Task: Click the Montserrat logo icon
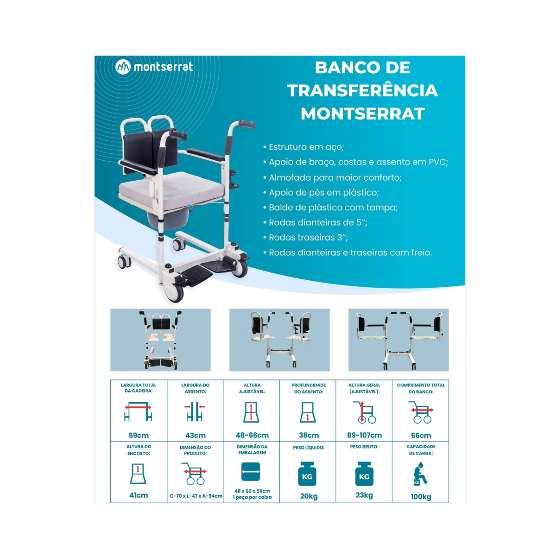coord(123,67)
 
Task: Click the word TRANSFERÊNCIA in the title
coord(362,91)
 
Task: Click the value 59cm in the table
coord(139,435)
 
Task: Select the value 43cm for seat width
coord(196,435)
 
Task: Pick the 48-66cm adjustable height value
coord(252,435)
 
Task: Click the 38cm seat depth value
coord(309,435)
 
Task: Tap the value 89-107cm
coord(365,435)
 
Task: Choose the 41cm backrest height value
coord(139,495)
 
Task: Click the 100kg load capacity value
coord(421,497)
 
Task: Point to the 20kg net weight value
coord(309,496)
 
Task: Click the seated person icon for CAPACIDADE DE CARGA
coord(420,474)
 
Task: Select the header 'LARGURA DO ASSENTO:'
coord(196,388)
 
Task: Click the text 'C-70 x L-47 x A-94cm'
coord(196,496)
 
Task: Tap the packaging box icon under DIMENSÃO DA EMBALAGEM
coord(251,472)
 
